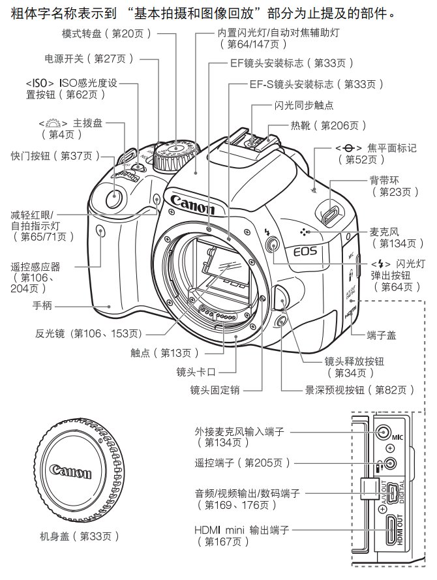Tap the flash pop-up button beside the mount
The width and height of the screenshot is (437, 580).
click(x=273, y=244)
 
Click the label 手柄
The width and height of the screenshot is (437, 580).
click(x=42, y=305)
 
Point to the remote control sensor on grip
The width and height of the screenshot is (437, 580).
click(x=100, y=229)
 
